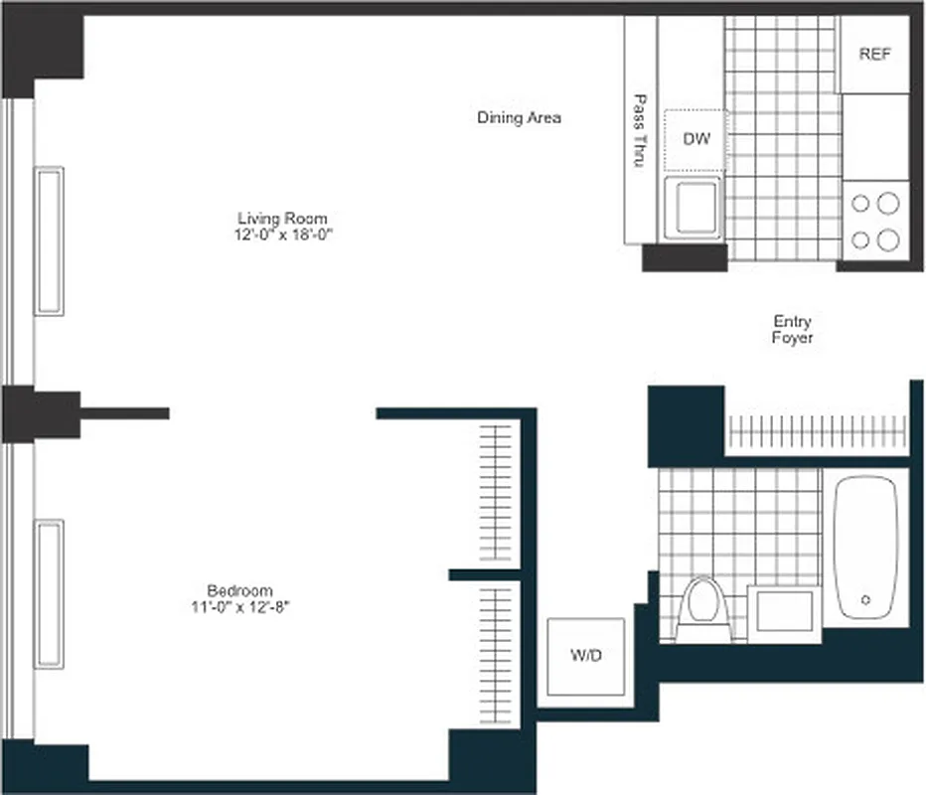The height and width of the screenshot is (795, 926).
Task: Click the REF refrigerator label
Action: pos(874,55)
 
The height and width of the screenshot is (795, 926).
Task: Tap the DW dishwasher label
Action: pos(696,139)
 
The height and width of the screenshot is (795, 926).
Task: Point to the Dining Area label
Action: pos(519,117)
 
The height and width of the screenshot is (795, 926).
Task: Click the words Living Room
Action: pos(281,219)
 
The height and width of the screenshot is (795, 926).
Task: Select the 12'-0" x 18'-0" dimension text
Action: pos(281,235)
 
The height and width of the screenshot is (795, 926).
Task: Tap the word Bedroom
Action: pos(239,589)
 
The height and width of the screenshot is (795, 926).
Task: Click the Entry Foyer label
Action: pos(792,329)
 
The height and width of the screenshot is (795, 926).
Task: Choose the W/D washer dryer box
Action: pos(586,656)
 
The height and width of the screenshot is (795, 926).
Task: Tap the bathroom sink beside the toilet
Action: pos(785,612)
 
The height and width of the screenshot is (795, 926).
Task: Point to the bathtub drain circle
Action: pos(865,600)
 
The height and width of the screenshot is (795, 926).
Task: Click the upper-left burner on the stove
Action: pos(861,204)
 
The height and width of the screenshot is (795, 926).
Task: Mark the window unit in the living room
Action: pos(50,240)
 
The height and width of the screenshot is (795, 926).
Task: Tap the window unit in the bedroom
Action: pos(50,593)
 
